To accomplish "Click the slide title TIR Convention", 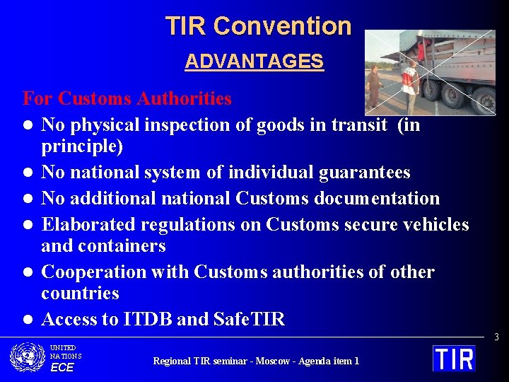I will (x=258, y=26).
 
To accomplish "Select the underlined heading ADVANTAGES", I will (x=254, y=62).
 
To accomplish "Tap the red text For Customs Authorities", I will (x=127, y=98).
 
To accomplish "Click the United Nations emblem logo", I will (x=28, y=357).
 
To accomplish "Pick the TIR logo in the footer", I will (x=454, y=358).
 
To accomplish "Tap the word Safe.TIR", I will (x=249, y=320).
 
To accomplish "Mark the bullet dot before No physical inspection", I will (x=27, y=126).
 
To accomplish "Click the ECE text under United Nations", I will (x=62, y=367).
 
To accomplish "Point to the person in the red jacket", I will (x=410, y=86).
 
